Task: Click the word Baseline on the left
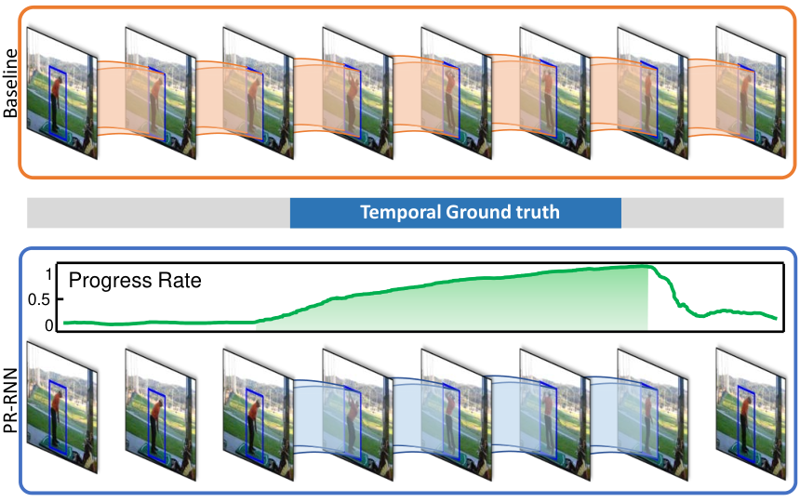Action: pyautogui.click(x=10, y=84)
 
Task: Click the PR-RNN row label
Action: pyautogui.click(x=10, y=401)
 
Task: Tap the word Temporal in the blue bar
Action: pyautogui.click(x=401, y=212)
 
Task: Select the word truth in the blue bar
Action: pyautogui.click(x=538, y=212)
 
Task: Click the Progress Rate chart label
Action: pyautogui.click(x=135, y=281)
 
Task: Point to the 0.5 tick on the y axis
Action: pyautogui.click(x=39, y=299)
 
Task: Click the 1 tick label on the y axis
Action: pyautogui.click(x=48, y=274)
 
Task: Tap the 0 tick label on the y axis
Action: pyautogui.click(x=48, y=325)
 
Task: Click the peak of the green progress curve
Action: pyautogui.click(x=644, y=266)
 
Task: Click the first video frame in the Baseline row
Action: pyautogui.click(x=61, y=93)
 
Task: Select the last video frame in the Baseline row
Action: pyautogui.click(x=751, y=93)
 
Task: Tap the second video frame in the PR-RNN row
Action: pyautogui.click(x=161, y=415)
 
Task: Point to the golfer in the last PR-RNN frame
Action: pyautogui.click(x=746, y=424)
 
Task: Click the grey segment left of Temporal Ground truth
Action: pyautogui.click(x=159, y=213)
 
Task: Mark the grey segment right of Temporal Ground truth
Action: pyautogui.click(x=702, y=213)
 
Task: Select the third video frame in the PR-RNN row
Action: pyautogui.click(x=259, y=415)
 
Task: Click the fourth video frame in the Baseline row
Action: pyautogui.click(x=357, y=93)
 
